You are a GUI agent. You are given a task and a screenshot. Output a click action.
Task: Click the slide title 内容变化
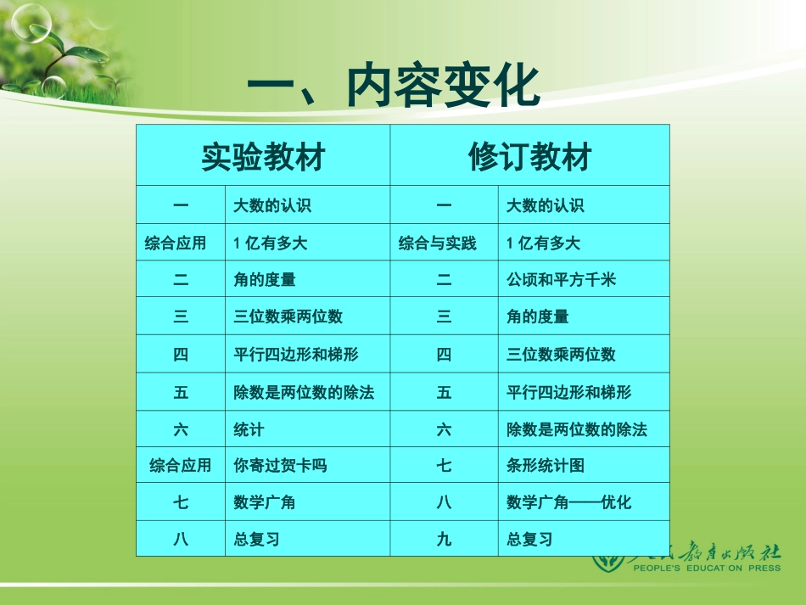393,87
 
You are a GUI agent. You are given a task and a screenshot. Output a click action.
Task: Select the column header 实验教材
263,157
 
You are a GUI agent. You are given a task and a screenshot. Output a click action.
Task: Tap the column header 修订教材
529,157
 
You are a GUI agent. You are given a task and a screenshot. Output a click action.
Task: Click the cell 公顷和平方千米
561,280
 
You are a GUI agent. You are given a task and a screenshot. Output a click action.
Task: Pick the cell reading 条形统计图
546,466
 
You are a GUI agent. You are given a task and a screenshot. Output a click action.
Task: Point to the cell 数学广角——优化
568,502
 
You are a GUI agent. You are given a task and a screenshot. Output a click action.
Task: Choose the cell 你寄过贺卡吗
280,466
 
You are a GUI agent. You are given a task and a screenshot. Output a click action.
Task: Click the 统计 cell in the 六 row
249,430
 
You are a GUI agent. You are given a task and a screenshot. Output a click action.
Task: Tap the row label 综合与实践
438,244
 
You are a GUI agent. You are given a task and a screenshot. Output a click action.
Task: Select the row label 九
444,539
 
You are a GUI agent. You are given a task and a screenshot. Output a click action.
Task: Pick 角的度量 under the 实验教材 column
265,280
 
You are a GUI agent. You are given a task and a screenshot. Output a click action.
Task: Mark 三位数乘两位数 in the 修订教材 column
561,355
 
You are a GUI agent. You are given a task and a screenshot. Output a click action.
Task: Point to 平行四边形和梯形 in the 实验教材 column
296,355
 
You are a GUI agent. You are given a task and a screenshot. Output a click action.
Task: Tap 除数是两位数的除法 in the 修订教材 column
576,430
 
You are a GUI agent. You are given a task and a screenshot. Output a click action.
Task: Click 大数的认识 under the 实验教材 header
272,206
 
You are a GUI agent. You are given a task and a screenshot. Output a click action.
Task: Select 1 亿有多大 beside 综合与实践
543,244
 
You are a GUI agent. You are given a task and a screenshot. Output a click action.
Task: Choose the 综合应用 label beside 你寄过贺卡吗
181,466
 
